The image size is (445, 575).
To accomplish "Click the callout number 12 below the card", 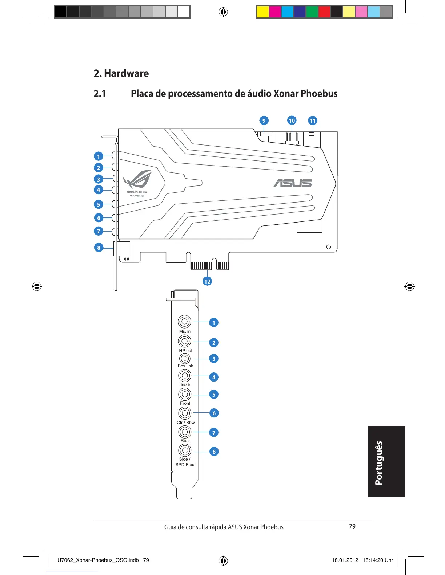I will (x=207, y=281).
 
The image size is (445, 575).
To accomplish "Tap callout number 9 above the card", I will (x=264, y=121).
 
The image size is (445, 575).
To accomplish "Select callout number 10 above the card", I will (x=292, y=121).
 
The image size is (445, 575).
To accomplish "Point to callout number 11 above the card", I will (x=313, y=121).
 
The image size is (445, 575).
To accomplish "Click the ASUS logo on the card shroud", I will (x=292, y=183).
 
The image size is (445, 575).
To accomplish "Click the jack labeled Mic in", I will (x=185, y=322).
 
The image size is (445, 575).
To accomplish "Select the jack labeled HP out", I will (x=185, y=341).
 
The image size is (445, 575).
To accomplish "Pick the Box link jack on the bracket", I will (x=185, y=359).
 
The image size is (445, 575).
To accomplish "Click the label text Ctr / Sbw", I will (x=186, y=423).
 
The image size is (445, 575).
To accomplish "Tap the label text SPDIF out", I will (x=185, y=465).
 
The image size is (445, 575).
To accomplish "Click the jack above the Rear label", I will (x=185, y=432).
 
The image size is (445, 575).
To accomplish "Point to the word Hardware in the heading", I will (x=126, y=73).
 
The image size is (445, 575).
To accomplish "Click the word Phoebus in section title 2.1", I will (x=319, y=94).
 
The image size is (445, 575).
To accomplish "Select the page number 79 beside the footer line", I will (x=352, y=526).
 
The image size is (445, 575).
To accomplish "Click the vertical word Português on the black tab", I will (x=379, y=463).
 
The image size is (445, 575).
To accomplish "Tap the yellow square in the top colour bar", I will (x=263, y=12).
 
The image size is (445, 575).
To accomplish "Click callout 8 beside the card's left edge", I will (x=99, y=248).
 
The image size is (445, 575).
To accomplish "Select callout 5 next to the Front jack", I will (x=214, y=395).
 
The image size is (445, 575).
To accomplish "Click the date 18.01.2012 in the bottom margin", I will (x=345, y=560).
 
